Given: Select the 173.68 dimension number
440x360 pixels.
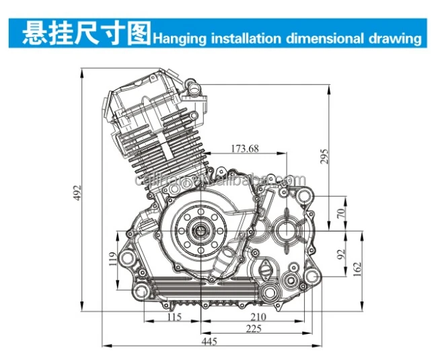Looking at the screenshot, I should click(x=245, y=148).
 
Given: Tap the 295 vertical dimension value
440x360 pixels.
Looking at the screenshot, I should click(x=325, y=157).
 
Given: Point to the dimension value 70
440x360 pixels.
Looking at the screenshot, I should click(x=340, y=213).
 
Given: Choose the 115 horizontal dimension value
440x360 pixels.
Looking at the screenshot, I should click(x=174, y=317).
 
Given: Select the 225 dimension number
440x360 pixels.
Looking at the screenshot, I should click(x=253, y=329).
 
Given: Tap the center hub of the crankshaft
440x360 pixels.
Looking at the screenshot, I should click(x=200, y=232).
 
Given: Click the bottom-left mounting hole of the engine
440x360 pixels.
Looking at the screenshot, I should click(x=143, y=291).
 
